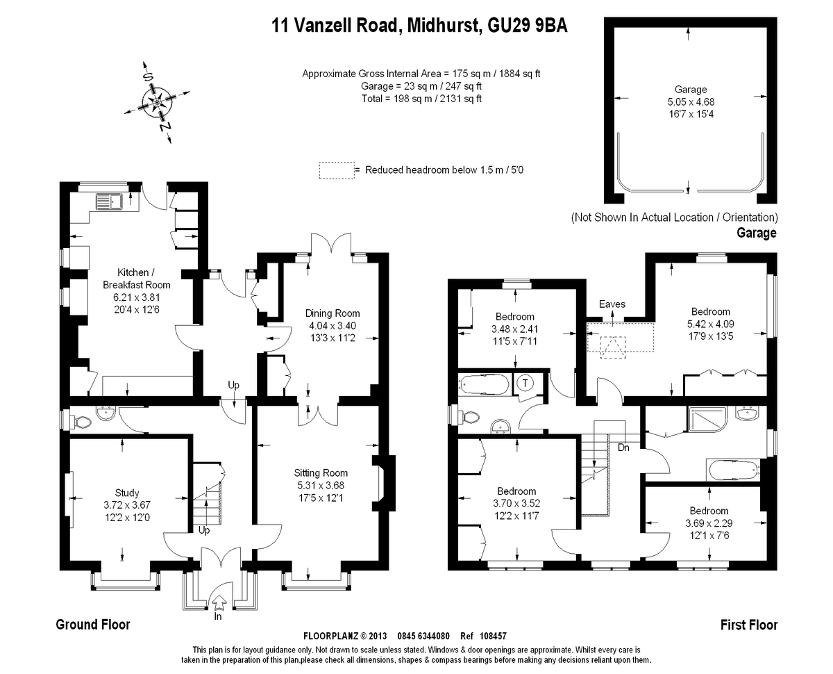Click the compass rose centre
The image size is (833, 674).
click(157, 103)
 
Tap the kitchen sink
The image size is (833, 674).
click(109, 202)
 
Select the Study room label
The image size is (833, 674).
click(127, 493)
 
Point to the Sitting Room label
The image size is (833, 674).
click(321, 472)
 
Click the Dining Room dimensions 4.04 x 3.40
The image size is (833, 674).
click(333, 326)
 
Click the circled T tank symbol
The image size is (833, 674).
click(525, 383)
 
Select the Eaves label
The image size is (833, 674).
click(612, 304)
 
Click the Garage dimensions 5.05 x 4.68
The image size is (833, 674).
click(691, 101)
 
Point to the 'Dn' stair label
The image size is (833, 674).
click(623, 447)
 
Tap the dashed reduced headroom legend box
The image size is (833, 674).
click(337, 171)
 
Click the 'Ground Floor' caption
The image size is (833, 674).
click(93, 624)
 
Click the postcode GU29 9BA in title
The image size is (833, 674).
click(528, 26)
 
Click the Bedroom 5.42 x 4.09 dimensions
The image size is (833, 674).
click(711, 324)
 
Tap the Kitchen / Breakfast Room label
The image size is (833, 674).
click(137, 279)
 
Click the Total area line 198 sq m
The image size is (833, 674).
click(421, 99)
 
